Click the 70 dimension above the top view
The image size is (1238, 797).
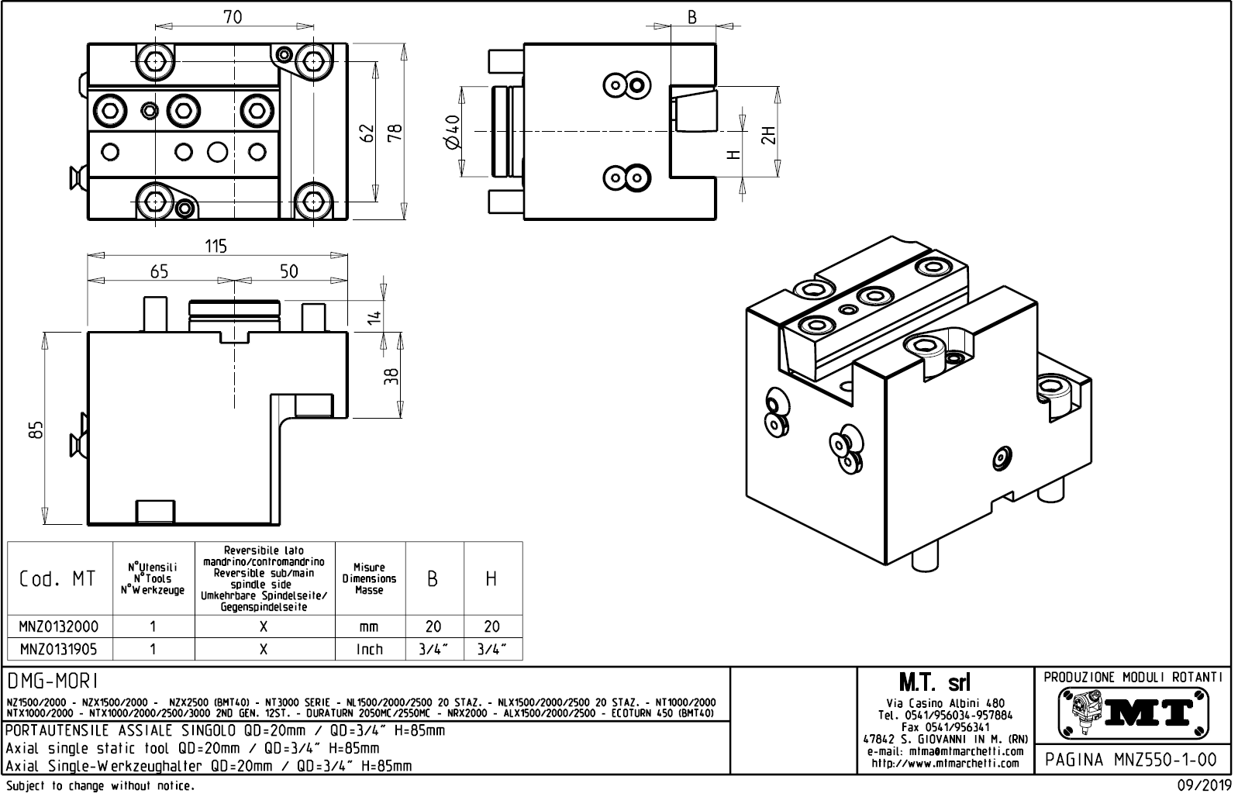233,17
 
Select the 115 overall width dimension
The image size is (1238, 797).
216,246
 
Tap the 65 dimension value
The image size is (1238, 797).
159,271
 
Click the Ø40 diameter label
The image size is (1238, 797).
453,131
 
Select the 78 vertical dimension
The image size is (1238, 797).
395,133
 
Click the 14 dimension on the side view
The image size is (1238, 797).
374,316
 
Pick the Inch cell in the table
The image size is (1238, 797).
369,649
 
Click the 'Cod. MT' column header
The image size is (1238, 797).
58,578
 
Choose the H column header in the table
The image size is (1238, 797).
491,578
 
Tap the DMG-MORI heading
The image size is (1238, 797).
52,681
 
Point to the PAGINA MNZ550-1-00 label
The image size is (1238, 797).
1131,759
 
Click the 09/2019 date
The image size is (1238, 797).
1203,785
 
